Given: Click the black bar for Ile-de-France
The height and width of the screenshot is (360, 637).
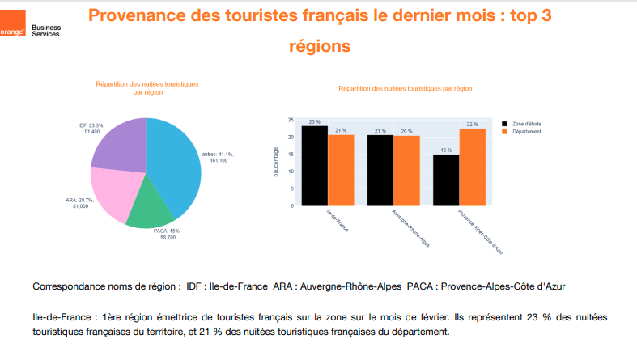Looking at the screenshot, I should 314,165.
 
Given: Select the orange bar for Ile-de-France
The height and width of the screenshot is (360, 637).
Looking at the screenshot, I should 341,169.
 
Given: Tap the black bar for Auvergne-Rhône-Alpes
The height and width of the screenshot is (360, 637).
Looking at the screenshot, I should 380,169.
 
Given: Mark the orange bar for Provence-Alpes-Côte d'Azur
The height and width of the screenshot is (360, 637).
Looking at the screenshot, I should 472,166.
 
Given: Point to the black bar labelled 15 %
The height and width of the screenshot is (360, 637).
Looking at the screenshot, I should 446,178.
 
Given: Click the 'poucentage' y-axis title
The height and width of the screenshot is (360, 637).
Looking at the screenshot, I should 277,162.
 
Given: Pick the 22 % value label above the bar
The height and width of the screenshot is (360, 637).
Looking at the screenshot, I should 472,124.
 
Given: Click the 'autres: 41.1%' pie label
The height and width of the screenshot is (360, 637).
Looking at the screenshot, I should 216,153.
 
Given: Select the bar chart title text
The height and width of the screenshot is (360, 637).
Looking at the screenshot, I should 405,88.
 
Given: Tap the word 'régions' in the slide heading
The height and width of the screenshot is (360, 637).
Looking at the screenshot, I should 320,46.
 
